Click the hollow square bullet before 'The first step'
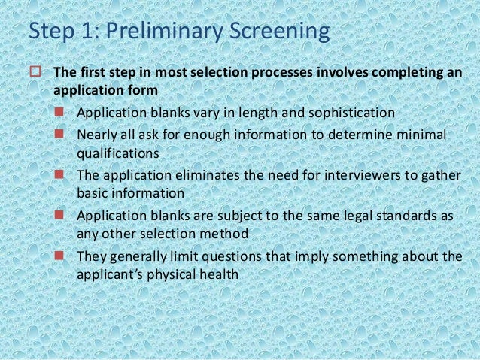[x=34, y=74]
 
